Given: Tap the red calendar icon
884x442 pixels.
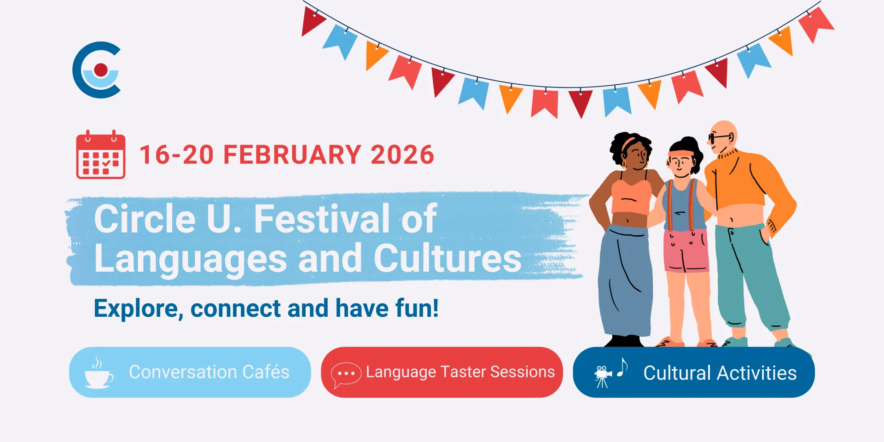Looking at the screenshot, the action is click(x=101, y=155).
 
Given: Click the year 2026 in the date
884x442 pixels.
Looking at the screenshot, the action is click(x=402, y=155).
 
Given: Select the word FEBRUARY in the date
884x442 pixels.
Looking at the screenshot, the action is click(x=292, y=155).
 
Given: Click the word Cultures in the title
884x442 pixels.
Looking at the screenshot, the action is click(x=448, y=259).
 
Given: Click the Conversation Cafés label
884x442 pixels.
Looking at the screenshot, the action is click(x=209, y=372).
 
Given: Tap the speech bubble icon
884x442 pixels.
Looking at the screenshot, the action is click(x=346, y=374).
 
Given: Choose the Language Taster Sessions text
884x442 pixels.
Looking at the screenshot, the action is click(x=460, y=372).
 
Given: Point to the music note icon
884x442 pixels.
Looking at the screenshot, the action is click(x=622, y=367).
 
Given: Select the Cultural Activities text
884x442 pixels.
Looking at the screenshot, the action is click(x=720, y=373).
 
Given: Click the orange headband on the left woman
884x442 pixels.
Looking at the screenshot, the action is click(x=629, y=142).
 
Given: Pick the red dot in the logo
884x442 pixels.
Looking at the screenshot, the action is click(x=101, y=70).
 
